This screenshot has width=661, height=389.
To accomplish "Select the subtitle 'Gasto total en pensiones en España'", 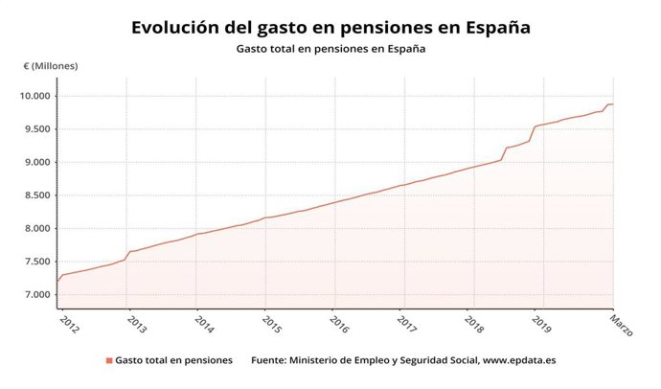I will click(330, 48).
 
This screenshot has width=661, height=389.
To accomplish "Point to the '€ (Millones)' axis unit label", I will click(51, 66).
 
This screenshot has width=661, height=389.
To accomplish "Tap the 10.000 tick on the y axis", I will click(36, 96).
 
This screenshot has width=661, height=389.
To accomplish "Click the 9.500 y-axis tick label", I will click(36, 129).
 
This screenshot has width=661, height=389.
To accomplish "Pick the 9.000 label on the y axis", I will click(36, 162).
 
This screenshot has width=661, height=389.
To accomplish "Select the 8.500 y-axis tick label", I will click(36, 195).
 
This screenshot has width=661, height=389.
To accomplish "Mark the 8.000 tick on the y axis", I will click(36, 228).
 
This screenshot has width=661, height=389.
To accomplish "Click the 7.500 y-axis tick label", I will click(36, 262).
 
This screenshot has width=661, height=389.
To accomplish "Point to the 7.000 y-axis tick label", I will click(36, 294).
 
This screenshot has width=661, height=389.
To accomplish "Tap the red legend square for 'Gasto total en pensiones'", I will click(108, 361).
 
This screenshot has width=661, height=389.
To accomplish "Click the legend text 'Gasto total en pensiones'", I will click(173, 361).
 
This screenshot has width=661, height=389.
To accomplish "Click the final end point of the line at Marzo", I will click(613, 104).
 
